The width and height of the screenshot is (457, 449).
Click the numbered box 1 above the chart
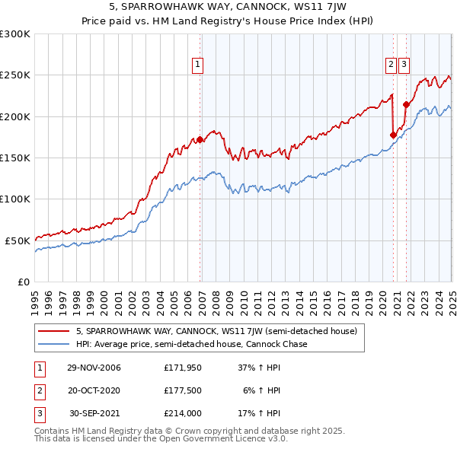(x=197, y=65)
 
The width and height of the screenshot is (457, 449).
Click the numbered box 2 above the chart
(x=391, y=65)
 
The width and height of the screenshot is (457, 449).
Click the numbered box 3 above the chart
(x=403, y=65)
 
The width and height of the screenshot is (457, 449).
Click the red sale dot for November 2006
(x=200, y=139)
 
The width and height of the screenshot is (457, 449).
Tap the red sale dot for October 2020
(x=394, y=135)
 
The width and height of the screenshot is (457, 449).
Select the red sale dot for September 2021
(x=406, y=105)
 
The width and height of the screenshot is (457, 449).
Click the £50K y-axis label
(x=18, y=240)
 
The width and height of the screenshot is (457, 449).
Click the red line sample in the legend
(x=55, y=331)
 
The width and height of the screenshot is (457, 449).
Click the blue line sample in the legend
(x=55, y=344)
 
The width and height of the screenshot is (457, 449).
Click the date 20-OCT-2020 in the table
(x=94, y=390)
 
